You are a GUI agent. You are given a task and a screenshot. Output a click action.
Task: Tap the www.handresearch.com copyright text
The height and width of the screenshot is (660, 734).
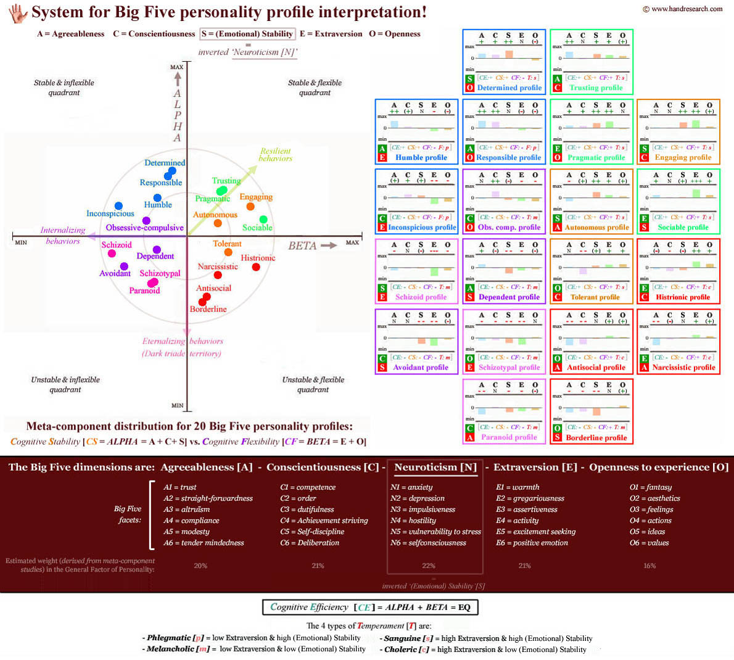pos(682,9)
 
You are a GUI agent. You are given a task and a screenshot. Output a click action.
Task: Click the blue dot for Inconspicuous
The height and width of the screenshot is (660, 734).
pos(118,206)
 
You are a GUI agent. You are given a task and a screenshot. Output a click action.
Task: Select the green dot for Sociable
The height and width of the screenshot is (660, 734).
pos(263,220)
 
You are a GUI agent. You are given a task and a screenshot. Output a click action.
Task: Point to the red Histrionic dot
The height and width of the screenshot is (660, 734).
pos(256,266)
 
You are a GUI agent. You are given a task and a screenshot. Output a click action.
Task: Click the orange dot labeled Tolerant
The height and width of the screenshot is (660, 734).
pos(228,252)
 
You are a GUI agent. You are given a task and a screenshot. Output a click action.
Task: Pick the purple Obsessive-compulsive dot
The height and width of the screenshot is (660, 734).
pos(146,220)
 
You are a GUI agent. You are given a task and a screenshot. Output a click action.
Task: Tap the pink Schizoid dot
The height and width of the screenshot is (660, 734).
pos(112,254)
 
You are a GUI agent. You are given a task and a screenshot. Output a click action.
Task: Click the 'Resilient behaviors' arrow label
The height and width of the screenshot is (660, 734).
pos(275,154)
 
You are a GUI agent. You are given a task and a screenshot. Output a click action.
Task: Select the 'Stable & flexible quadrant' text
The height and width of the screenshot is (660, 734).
pos(315,87)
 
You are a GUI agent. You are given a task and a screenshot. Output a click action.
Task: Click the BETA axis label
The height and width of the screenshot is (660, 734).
pos(302,245)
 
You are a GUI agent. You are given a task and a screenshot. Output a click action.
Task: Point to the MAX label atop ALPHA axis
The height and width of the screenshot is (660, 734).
pos(177,67)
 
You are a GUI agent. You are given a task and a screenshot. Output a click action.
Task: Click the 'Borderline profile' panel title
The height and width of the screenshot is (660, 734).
pos(596,437)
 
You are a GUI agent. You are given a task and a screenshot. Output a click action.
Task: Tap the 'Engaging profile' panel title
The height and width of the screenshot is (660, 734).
pos(683,157)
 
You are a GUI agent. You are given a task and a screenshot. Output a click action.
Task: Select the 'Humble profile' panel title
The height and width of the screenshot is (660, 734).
pos(421,157)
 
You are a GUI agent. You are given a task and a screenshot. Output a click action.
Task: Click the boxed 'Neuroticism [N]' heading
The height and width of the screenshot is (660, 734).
pos(435,467)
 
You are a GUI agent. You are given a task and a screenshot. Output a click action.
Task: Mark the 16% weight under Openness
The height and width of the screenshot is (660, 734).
pos(649,566)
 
